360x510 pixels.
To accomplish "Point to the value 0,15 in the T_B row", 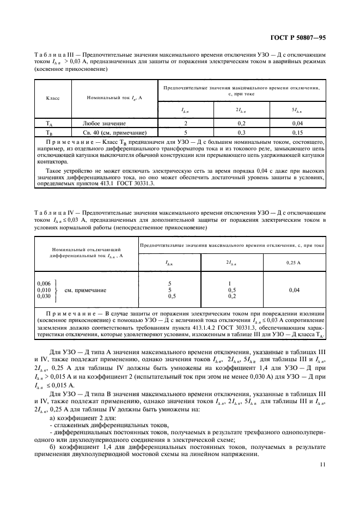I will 298,132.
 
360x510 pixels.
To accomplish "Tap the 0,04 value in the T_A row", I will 298,124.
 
